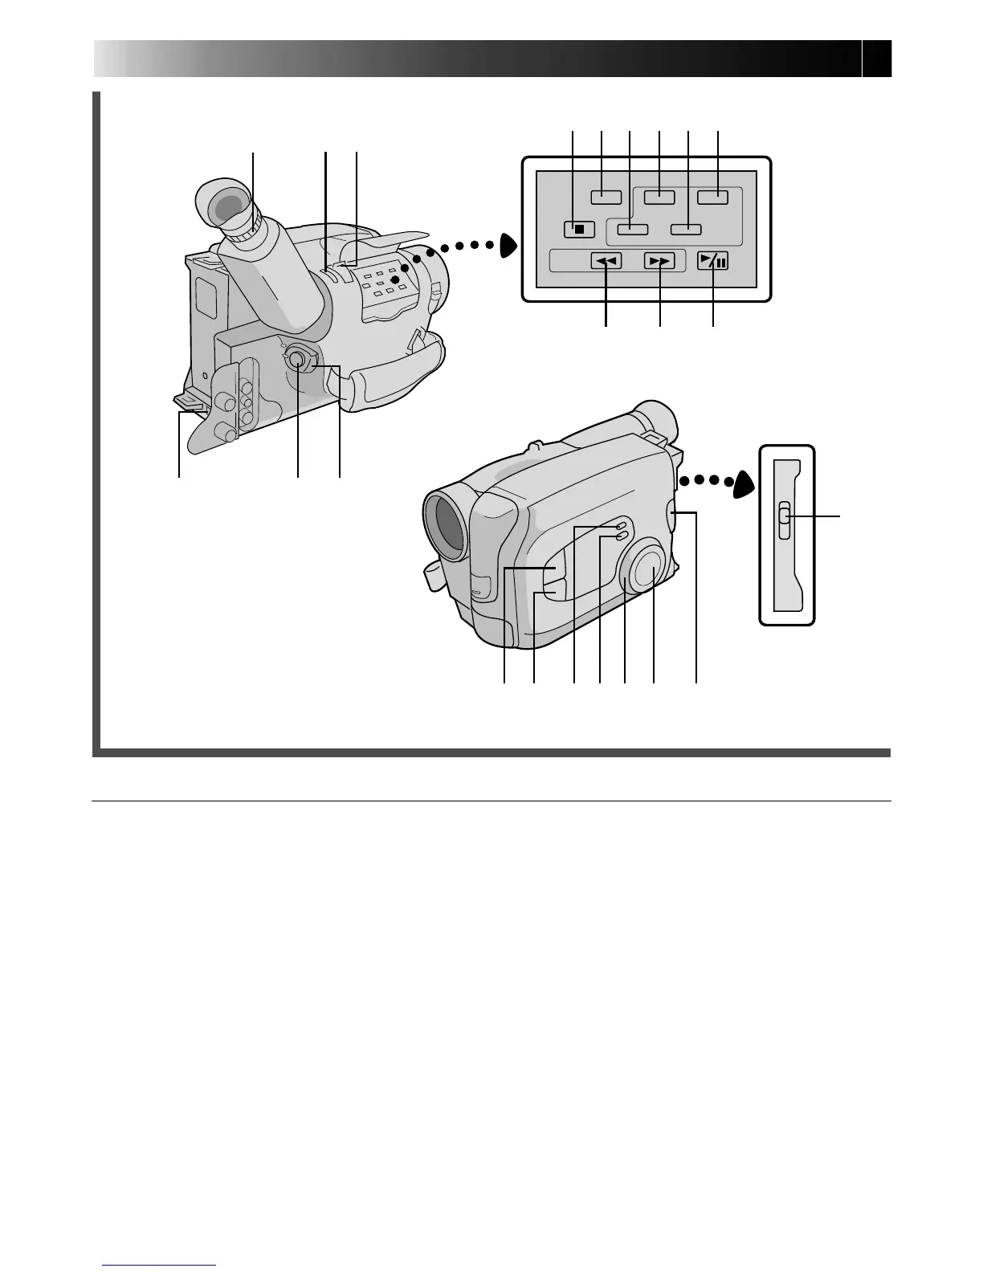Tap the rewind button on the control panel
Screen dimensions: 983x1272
(606, 261)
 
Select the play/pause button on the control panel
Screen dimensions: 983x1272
(712, 260)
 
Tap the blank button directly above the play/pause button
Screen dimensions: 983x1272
(712, 197)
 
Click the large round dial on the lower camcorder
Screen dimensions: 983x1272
(648, 569)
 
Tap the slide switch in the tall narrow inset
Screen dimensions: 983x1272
(785, 523)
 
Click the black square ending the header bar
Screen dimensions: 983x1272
(878, 59)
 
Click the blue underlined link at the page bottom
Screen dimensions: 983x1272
(160, 1265)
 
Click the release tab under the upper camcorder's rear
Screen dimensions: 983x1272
(187, 402)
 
